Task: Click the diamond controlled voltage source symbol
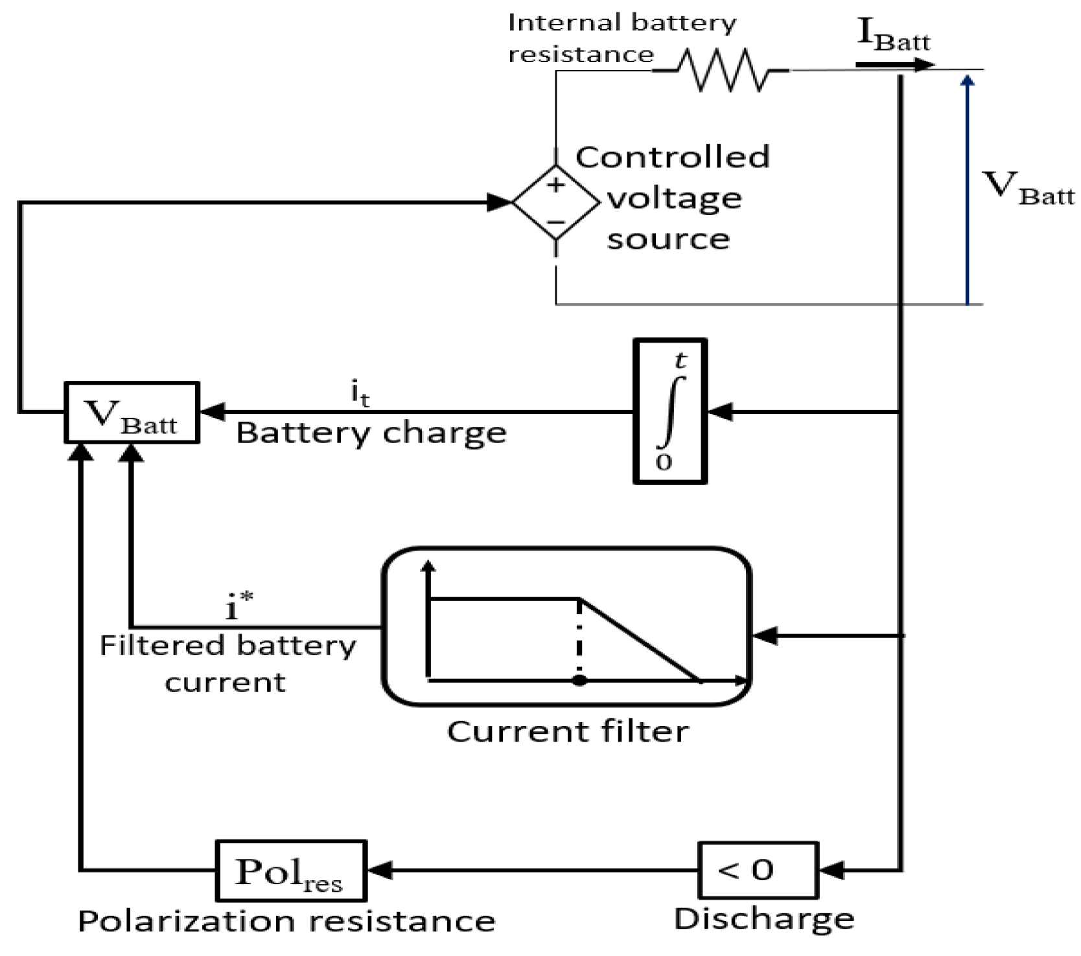(556, 203)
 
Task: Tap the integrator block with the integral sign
(669, 411)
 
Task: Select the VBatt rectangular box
(132, 413)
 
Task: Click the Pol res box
(290, 871)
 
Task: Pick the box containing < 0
(758, 870)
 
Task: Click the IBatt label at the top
(893, 36)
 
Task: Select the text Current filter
(568, 732)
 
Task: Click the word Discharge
(764, 919)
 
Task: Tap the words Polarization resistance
(286, 921)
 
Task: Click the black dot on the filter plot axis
(580, 681)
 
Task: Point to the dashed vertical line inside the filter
(579, 638)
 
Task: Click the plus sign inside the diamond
(555, 186)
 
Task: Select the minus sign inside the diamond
(555, 222)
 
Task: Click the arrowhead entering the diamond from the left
(500, 203)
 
